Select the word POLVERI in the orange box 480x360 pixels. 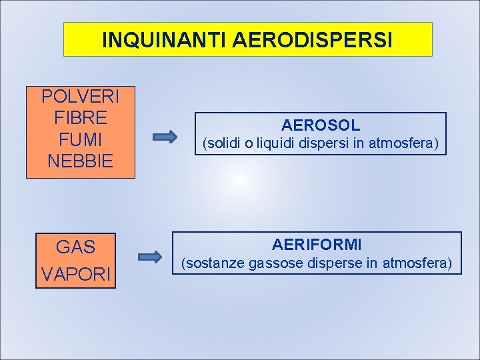point(81,97)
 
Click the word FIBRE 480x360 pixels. point(81,119)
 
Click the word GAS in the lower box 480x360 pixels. point(76,247)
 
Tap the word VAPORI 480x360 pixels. point(76,274)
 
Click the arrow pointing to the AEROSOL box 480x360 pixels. point(164,138)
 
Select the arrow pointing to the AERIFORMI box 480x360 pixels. point(150,257)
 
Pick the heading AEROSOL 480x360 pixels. point(321,125)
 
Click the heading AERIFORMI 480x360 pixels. point(317,245)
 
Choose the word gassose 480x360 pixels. point(276,264)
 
